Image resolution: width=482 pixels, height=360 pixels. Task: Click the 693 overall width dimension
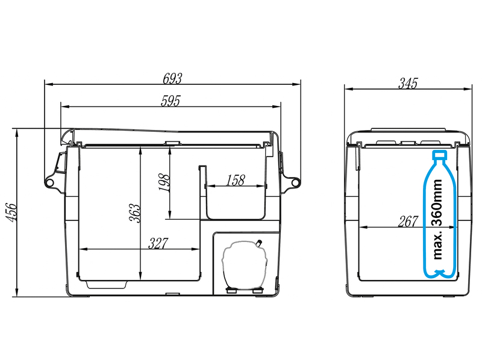[x=172, y=78]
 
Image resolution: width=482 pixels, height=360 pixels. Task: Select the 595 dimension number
[x=171, y=101]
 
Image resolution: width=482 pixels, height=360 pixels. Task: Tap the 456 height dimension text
[x=11, y=212]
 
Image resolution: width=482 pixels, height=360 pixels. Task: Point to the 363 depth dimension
[x=135, y=213]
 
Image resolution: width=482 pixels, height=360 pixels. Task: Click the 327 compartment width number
[x=158, y=243]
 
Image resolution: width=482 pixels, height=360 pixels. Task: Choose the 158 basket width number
[x=236, y=181]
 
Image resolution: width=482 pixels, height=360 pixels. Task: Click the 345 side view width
[x=408, y=83]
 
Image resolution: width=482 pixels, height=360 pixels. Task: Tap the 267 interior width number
[x=408, y=221]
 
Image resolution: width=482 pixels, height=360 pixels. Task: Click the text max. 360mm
[x=437, y=220]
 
